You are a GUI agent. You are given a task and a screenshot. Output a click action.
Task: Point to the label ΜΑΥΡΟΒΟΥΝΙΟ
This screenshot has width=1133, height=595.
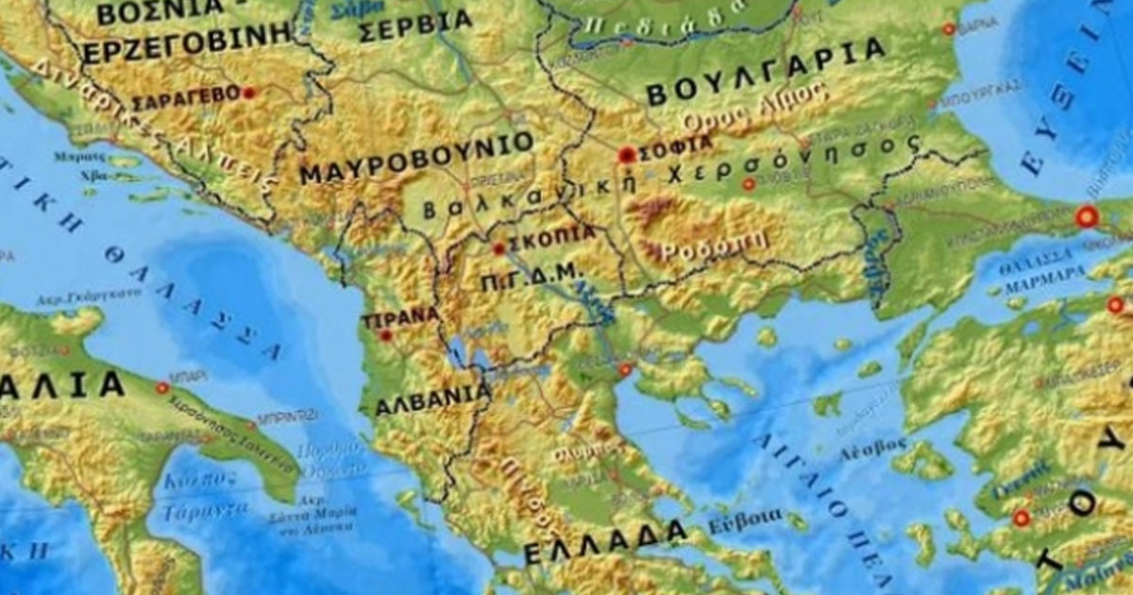point(416,161)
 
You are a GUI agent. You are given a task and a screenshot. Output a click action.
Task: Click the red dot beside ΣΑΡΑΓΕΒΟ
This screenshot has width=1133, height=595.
point(249,93)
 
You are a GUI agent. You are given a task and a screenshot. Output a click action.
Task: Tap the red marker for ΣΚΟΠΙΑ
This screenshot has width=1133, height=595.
point(499,249)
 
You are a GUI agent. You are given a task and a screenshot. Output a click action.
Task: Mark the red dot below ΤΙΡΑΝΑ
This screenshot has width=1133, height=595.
point(385,334)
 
